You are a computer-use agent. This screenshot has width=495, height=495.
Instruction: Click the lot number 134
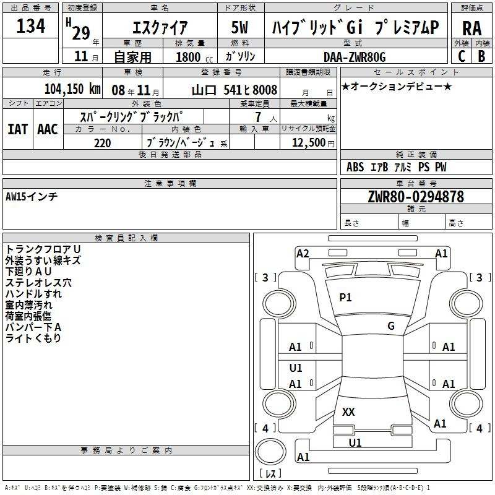click(30, 26)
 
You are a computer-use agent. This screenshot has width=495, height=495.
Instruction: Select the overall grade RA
click(471, 28)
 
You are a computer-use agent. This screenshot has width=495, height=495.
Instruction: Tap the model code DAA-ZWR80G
click(355, 57)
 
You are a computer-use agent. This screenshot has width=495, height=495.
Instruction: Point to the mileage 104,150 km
click(72, 88)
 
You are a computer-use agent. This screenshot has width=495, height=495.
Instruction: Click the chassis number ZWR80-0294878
click(416, 197)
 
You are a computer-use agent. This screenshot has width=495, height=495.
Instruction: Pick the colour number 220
click(102, 143)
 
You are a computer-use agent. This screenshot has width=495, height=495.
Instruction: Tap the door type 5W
click(239, 27)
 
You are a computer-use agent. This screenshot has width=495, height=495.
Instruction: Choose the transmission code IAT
click(18, 129)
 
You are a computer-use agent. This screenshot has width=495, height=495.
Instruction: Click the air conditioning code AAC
click(48, 129)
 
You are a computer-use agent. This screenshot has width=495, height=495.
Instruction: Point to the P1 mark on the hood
click(345, 297)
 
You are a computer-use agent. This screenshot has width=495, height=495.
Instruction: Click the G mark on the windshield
click(391, 325)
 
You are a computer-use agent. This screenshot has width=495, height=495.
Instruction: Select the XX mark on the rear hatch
click(348, 411)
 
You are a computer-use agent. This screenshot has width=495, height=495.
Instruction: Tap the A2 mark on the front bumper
click(303, 254)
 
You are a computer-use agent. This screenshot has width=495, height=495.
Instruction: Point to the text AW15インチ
click(32, 197)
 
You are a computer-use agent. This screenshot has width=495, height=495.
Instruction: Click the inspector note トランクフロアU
click(43, 249)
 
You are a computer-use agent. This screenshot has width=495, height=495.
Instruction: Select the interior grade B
click(481, 56)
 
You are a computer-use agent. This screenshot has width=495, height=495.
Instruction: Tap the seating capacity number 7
click(258, 117)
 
